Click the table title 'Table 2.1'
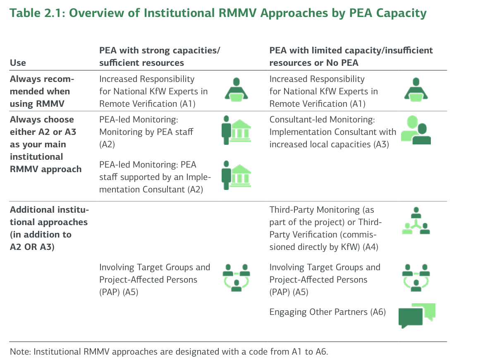pyautogui.click(x=37, y=13)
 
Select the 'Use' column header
pyautogui.click(x=18, y=63)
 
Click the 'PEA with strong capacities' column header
pyautogui.click(x=159, y=57)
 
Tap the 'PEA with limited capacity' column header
pyautogui.click(x=351, y=57)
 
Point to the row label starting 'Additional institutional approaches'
pyautogui.click(x=49, y=228)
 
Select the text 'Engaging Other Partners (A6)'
pyautogui.click(x=327, y=312)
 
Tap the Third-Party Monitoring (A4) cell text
pyautogui.click(x=325, y=228)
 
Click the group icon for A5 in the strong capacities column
pyautogui.click(x=236, y=277)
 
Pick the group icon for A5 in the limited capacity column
pyautogui.click(x=416, y=277)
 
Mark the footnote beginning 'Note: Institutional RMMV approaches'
pyautogui.click(x=168, y=352)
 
